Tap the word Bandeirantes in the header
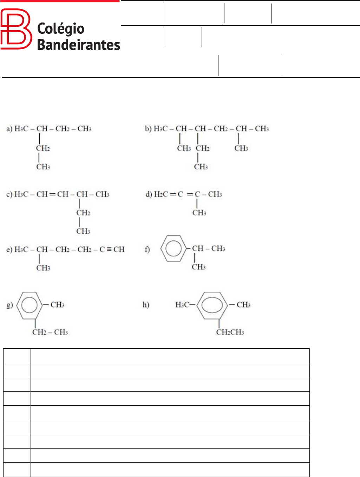[x=78, y=45]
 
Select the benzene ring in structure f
[x=173, y=249]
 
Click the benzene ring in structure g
[x=30, y=305]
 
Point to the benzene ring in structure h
[x=213, y=305]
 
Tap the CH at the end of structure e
[x=119, y=250]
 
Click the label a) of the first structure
[x=9, y=129]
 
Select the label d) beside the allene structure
[x=149, y=194]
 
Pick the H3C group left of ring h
[x=183, y=305]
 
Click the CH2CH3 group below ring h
[x=230, y=332]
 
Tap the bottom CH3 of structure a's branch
[x=43, y=167]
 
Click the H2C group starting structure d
[x=161, y=194]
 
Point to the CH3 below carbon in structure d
[x=199, y=213]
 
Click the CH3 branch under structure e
[x=43, y=268]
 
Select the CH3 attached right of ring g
[x=57, y=305]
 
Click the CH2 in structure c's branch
[x=83, y=213]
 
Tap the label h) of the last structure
[x=146, y=305]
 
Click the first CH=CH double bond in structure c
[x=52, y=194]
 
